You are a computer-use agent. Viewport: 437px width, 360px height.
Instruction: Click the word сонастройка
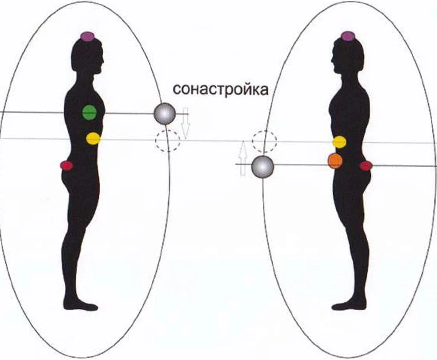(220, 89)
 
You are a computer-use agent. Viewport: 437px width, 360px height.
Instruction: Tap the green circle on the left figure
(89, 112)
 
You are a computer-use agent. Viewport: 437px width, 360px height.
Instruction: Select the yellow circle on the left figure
(93, 138)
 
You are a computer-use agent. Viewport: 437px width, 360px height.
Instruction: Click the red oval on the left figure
(66, 166)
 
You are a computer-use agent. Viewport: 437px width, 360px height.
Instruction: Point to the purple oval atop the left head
(87, 36)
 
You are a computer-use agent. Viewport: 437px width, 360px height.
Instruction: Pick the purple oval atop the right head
(347, 36)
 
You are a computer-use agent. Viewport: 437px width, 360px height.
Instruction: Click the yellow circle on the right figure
(339, 142)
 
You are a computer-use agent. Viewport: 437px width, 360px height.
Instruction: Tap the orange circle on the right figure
(335, 160)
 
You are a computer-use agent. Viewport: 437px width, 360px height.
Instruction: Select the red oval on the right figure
(366, 166)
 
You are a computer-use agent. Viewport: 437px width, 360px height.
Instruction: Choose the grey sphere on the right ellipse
(262, 166)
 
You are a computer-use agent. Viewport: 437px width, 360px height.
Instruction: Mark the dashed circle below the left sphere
(168, 140)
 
